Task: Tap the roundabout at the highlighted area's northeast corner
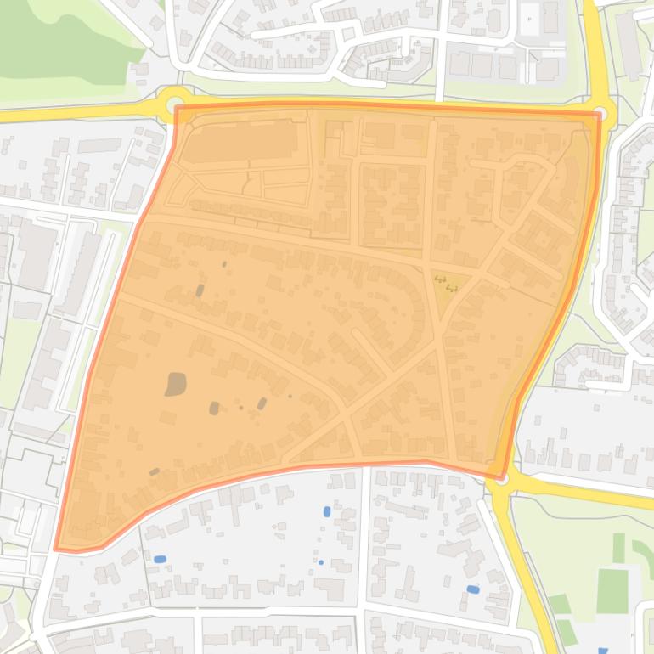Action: tap(601, 113)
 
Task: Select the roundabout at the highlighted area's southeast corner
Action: tap(500, 480)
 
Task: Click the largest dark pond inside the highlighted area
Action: tap(176, 384)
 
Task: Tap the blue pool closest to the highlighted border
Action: tap(327, 511)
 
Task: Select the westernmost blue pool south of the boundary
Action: tap(160, 558)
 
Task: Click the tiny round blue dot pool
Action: tap(321, 562)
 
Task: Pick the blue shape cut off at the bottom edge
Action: tap(603, 651)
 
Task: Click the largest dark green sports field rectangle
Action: tap(612, 591)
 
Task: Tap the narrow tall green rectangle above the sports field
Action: tap(618, 547)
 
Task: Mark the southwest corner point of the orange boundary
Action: tap(57, 549)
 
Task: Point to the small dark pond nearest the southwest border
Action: tap(155, 471)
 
